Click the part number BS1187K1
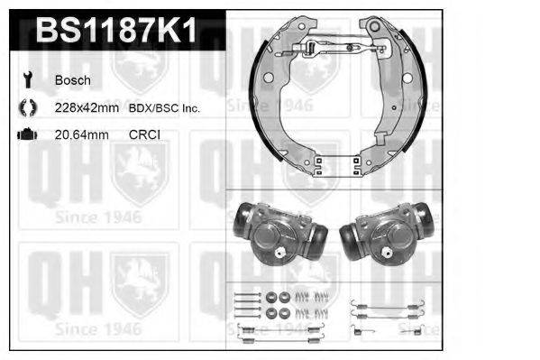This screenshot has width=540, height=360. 114,32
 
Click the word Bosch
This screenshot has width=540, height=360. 72,80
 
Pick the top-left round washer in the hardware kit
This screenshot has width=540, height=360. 273,296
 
